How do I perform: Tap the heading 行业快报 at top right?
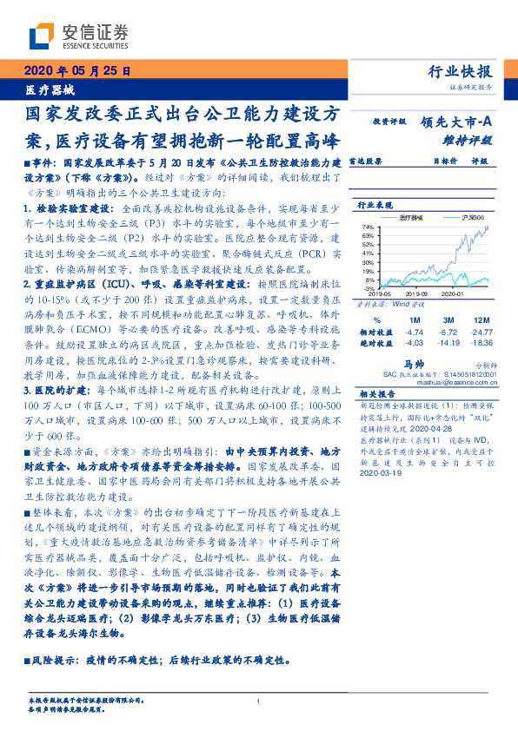[460, 72]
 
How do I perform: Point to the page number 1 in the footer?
[259, 702]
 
